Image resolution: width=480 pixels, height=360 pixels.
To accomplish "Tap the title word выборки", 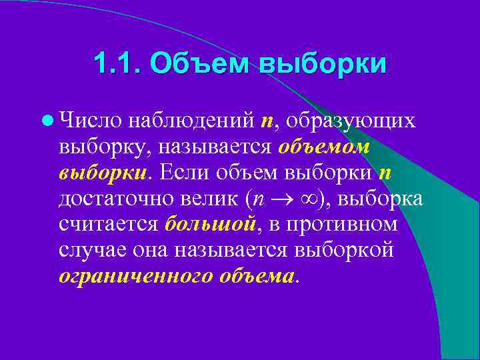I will pyautogui.click(x=323, y=65).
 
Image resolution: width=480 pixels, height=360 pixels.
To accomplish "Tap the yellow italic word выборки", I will pyautogui.click(x=101, y=173).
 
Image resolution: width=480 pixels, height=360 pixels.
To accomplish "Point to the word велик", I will pyautogui.click(x=213, y=199).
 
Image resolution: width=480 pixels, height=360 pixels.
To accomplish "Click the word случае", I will pyautogui.click(x=89, y=250).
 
